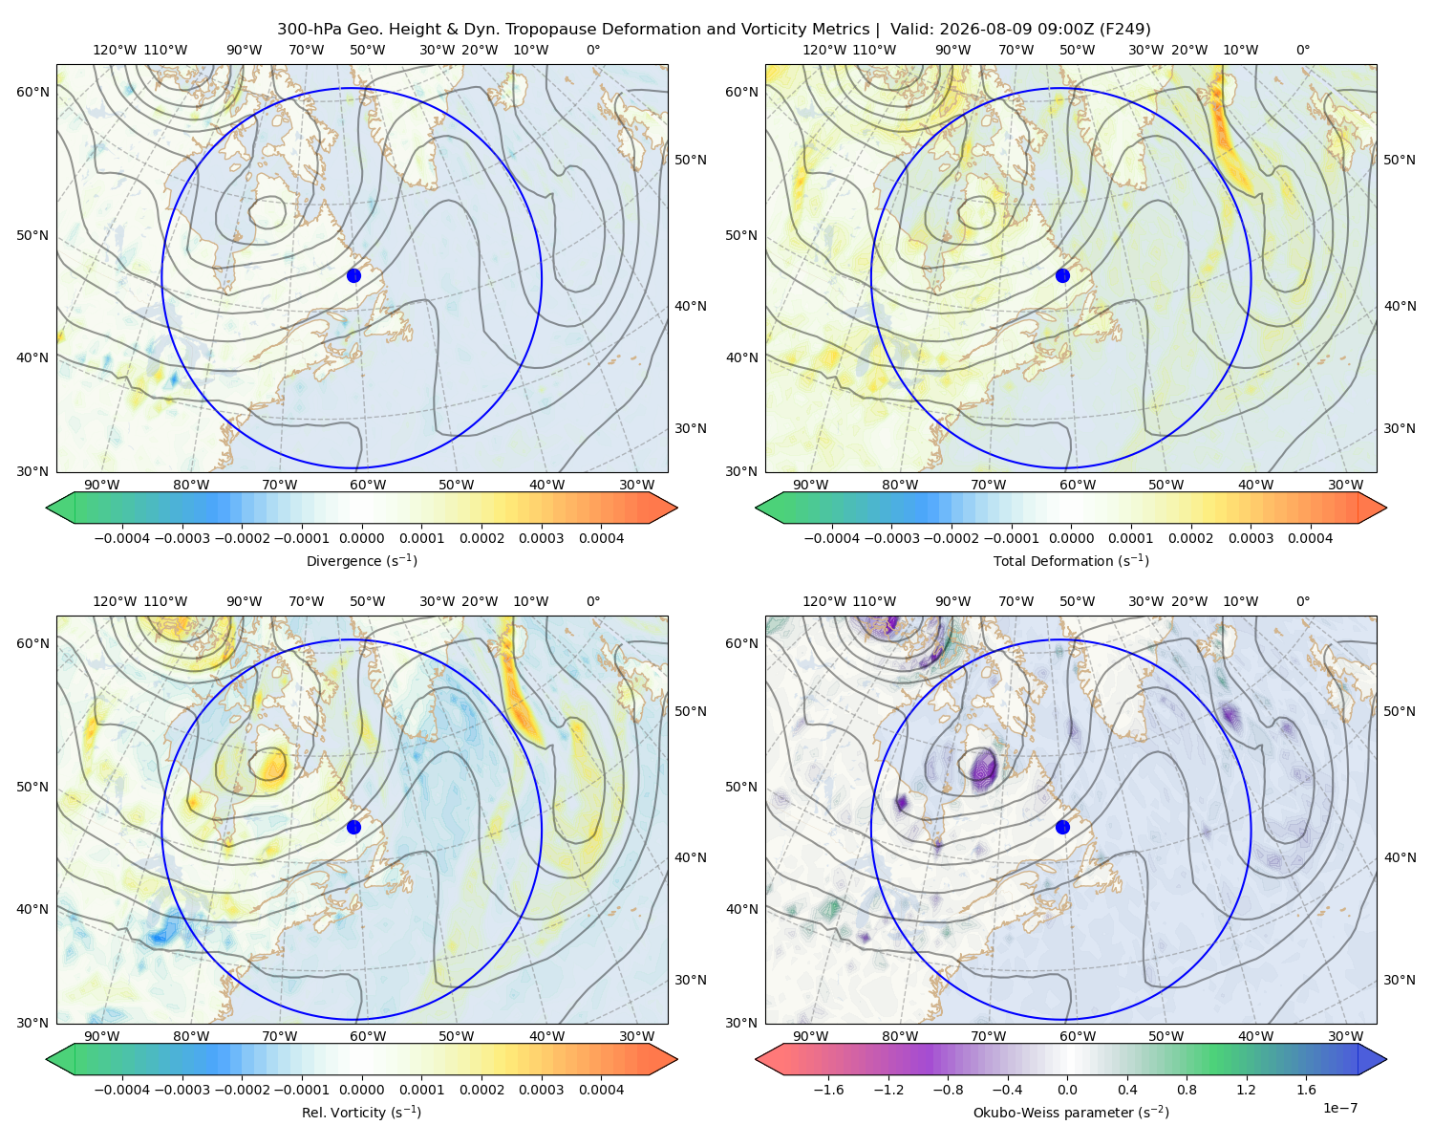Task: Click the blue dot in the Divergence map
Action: [x=353, y=275]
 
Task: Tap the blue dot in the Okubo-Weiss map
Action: [x=1062, y=827]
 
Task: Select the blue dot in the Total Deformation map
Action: [x=1062, y=275]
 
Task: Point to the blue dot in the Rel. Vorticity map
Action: [x=353, y=827]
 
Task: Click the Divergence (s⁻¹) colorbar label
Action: [x=361, y=560]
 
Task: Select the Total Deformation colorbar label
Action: [x=1071, y=560]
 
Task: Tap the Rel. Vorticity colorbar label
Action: [x=361, y=1113]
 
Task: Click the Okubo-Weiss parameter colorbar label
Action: [x=1071, y=1113]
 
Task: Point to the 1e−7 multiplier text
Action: [x=1339, y=1108]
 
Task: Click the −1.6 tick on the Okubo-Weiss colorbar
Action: [x=828, y=1090]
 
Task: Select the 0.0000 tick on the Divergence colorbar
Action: [x=361, y=538]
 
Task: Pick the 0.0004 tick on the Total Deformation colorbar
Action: [x=1310, y=538]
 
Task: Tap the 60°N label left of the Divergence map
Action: [x=32, y=92]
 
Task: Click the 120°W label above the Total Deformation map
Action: [x=823, y=50]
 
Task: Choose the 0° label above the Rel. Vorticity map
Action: [x=593, y=601]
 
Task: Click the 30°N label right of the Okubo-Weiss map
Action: [x=1400, y=980]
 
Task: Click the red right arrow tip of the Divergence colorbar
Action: [x=677, y=508]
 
